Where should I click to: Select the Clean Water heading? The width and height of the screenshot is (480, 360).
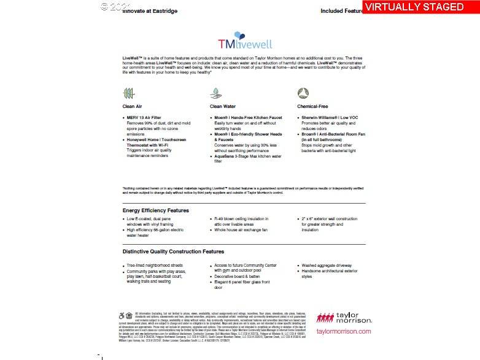point(222,107)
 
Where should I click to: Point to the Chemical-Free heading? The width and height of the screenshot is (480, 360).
point(312,107)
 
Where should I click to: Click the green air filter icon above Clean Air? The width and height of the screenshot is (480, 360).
point(128,93)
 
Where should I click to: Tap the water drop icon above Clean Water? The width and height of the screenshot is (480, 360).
point(216,93)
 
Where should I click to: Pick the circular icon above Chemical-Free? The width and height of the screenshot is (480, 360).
point(303,93)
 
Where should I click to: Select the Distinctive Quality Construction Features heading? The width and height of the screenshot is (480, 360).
point(173,251)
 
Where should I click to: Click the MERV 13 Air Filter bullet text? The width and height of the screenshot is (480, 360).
point(144,117)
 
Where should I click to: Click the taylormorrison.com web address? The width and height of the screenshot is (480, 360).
point(344,332)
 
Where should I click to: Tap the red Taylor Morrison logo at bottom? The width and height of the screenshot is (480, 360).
point(344,317)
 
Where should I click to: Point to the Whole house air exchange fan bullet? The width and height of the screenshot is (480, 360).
point(241,230)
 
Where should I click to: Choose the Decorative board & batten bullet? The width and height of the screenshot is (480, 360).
point(239,277)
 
